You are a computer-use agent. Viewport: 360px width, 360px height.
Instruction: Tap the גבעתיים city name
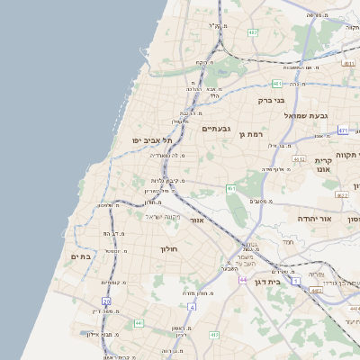pos(217,130)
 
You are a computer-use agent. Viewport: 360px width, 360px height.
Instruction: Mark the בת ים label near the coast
pos(81,256)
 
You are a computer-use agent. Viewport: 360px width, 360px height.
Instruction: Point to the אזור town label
pos(198,220)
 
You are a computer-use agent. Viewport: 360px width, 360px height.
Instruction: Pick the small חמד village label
pos(287,242)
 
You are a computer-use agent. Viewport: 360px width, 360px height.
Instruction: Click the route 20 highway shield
pos(106,301)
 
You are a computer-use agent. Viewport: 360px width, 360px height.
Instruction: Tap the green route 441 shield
pos(139,322)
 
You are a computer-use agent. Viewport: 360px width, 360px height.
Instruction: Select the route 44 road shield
pos(243,280)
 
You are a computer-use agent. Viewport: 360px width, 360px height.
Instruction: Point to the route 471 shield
pos(343,130)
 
